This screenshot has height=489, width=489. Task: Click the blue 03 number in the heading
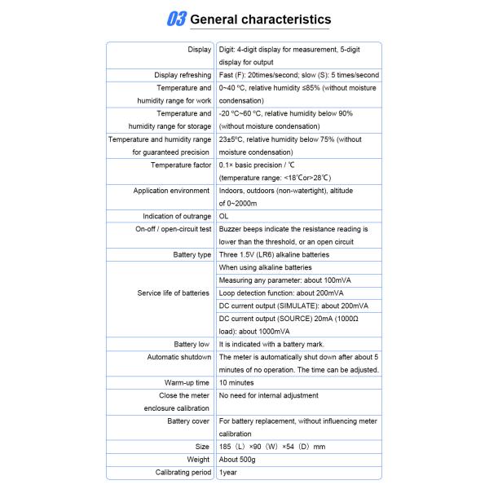[x=174, y=19]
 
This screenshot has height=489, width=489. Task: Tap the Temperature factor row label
[x=181, y=165]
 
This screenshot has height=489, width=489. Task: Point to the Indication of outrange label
[x=177, y=216]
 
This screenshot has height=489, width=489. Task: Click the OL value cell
[x=224, y=216]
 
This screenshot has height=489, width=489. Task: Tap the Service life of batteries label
[x=174, y=293]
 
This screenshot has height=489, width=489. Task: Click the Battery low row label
[x=192, y=344]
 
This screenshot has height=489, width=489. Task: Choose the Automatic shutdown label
[x=179, y=357]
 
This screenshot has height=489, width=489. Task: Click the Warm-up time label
[x=187, y=382]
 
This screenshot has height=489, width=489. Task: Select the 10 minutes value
[x=236, y=382]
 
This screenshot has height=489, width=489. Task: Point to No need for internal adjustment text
[x=269, y=395]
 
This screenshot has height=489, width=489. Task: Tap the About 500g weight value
[x=240, y=459]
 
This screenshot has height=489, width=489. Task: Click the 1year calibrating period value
[x=227, y=472]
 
